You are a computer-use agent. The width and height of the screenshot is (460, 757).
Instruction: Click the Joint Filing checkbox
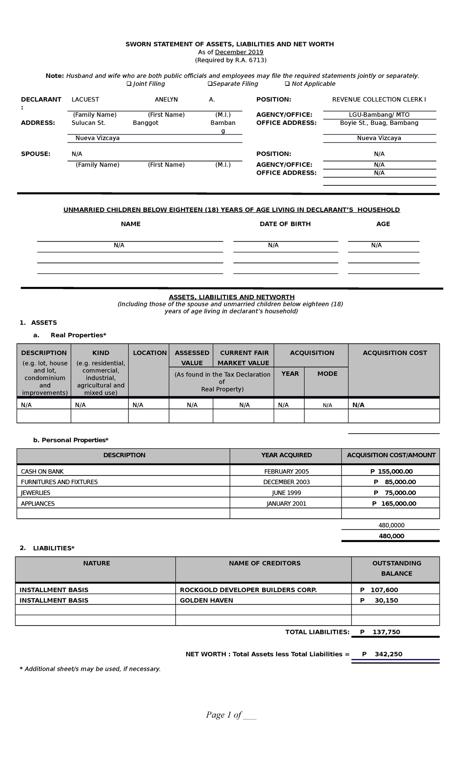(129, 84)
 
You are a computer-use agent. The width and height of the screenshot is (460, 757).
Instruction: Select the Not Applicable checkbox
(287, 84)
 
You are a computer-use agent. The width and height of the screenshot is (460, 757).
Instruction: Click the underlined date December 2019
(239, 52)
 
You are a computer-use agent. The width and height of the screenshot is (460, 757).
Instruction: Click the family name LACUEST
(85, 100)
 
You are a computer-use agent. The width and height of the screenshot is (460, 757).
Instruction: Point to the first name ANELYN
(166, 100)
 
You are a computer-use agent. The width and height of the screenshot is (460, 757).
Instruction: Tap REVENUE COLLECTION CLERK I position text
(379, 100)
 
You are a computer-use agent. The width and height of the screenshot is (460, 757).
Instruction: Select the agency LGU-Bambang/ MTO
(379, 115)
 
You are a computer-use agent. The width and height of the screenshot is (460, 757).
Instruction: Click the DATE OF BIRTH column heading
(285, 224)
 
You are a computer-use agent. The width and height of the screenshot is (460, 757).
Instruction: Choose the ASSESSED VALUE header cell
(192, 357)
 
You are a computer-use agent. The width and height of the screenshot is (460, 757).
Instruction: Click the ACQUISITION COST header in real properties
(394, 353)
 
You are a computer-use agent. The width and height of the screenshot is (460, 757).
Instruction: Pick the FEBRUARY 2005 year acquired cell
(286, 472)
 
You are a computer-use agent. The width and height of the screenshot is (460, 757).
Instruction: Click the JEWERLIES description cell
(36, 493)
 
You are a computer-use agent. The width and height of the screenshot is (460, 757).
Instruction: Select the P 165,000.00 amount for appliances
(394, 504)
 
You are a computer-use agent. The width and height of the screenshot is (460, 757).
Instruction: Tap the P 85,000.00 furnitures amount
(394, 482)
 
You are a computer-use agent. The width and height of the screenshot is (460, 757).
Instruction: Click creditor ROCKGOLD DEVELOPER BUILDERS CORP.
(248, 590)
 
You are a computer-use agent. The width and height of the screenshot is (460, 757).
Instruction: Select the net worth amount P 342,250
(382, 654)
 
